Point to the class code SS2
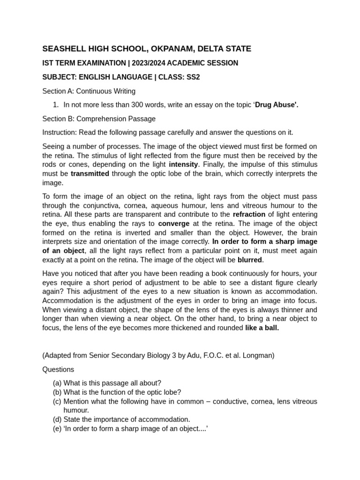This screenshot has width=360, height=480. (x=193, y=77)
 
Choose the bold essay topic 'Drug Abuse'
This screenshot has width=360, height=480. (x=276, y=105)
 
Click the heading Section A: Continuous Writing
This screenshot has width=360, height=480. (x=89, y=91)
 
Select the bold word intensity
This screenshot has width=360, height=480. (x=184, y=165)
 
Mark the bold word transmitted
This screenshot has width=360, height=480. (x=90, y=174)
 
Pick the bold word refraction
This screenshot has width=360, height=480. (x=249, y=215)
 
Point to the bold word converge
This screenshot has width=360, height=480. (x=174, y=224)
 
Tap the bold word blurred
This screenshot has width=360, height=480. (x=250, y=260)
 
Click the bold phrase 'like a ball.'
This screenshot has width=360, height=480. (x=262, y=328)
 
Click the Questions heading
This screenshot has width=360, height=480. (x=58, y=369)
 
